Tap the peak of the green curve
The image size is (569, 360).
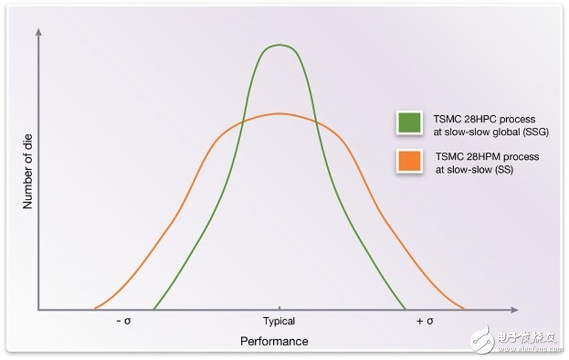click(x=278, y=45)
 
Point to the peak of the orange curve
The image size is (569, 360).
click(x=278, y=113)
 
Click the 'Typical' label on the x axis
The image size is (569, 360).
click(x=278, y=321)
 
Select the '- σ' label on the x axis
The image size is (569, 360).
click(x=123, y=321)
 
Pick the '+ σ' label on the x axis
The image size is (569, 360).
click(x=425, y=321)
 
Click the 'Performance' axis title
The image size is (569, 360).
click(x=274, y=341)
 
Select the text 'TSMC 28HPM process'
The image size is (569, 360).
click(x=483, y=156)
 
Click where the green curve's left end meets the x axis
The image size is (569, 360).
click(x=154, y=309)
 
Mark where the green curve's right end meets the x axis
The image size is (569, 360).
click(x=406, y=309)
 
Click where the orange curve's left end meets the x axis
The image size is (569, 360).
click(x=94, y=309)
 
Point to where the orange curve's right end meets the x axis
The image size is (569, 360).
click(x=464, y=309)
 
